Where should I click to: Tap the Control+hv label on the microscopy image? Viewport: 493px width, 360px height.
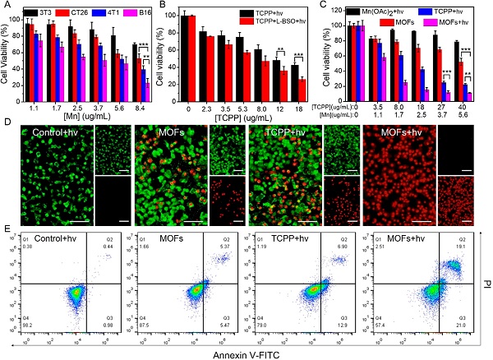[x=58, y=132]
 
